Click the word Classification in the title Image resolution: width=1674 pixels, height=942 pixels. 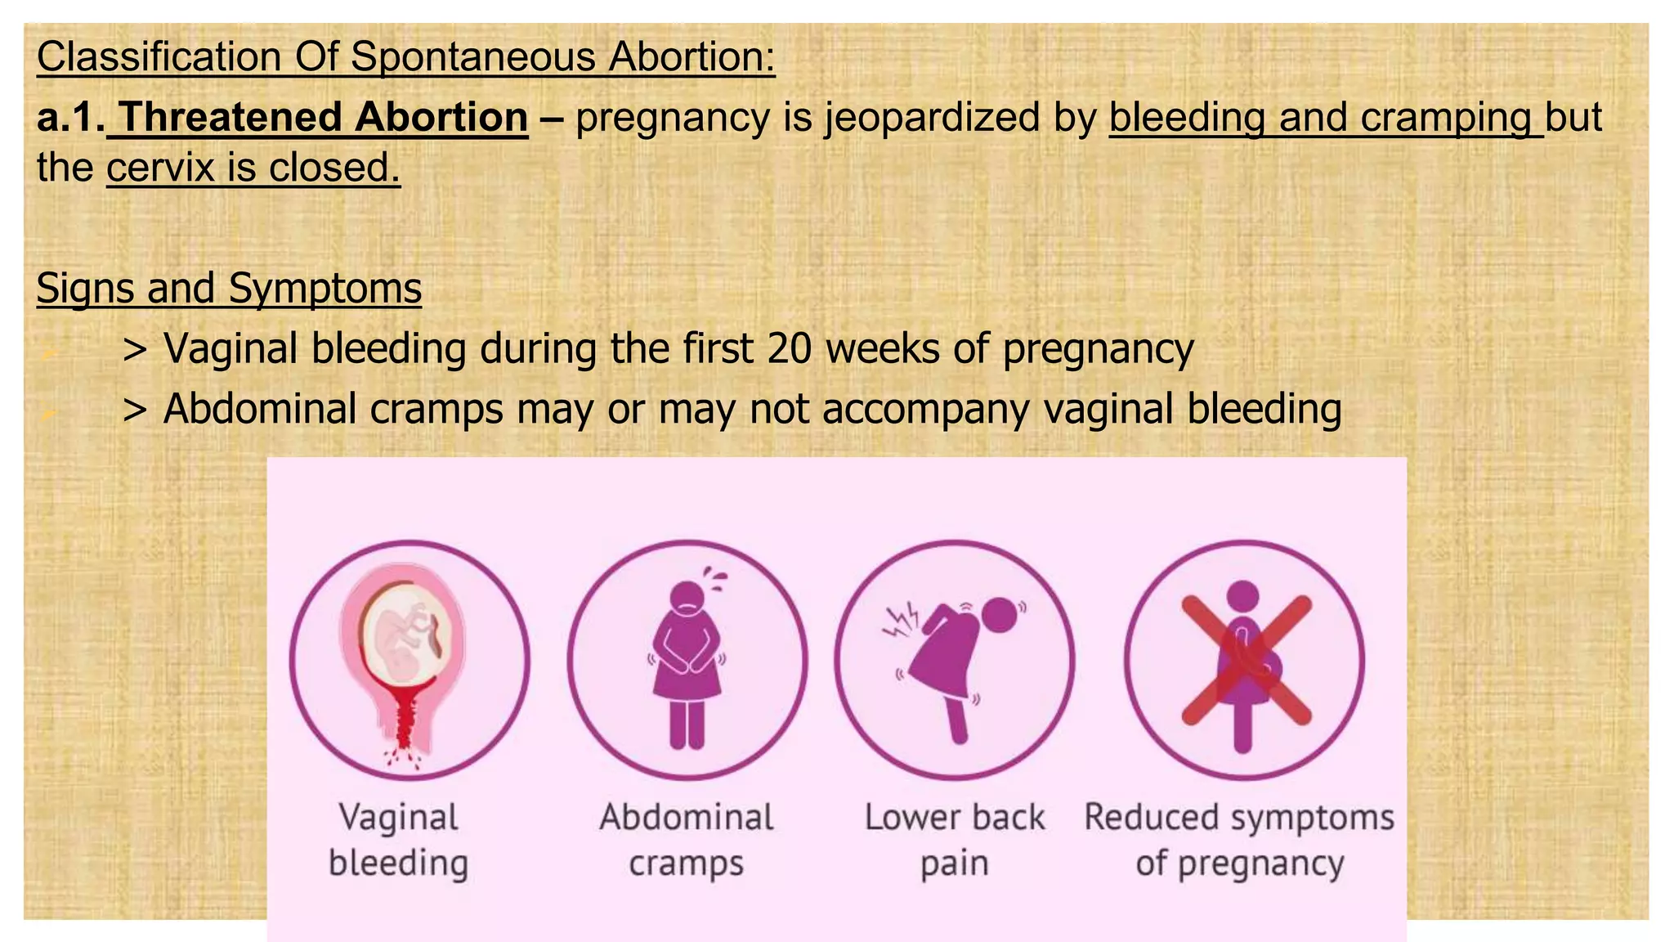click(x=159, y=57)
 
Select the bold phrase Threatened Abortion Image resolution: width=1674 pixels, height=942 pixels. click(x=324, y=117)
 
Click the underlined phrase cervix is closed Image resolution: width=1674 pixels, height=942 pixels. click(x=253, y=168)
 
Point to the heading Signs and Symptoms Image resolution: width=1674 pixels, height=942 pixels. click(x=229, y=288)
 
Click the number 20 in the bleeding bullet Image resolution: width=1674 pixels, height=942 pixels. click(x=789, y=348)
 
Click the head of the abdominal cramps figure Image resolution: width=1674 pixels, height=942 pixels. click(x=688, y=596)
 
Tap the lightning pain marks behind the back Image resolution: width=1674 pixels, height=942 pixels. click(x=902, y=621)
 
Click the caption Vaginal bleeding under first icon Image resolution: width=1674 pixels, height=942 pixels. click(x=399, y=840)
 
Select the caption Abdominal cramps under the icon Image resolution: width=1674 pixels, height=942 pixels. click(x=687, y=840)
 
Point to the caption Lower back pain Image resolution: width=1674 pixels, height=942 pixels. click(x=955, y=840)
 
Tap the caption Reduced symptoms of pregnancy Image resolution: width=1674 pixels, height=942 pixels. click(x=1239, y=840)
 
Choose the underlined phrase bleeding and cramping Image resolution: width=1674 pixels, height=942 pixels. click(x=1324, y=117)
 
